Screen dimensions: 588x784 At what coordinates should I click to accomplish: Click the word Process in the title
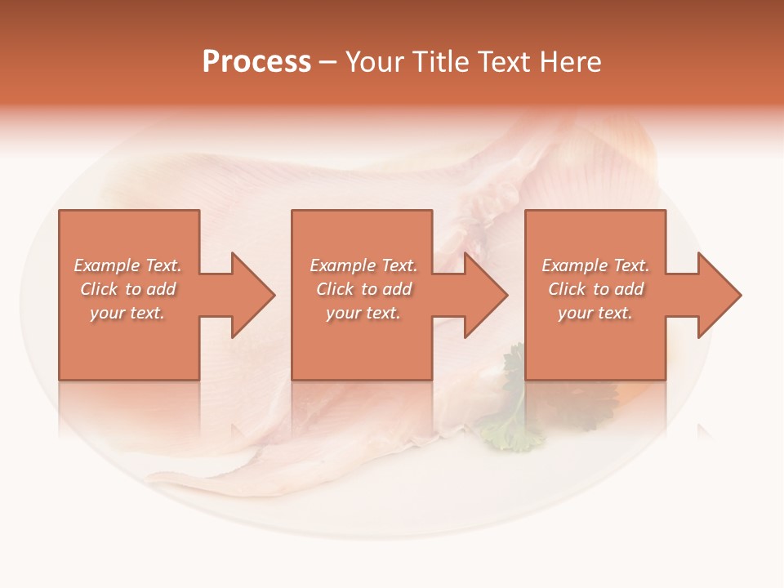click(256, 62)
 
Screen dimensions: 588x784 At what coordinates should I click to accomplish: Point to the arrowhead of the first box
click(250, 295)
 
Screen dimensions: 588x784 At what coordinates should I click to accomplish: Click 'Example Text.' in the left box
click(128, 265)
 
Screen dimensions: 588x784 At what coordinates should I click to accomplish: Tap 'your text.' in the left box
click(128, 313)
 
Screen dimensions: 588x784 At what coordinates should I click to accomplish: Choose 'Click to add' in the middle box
click(363, 289)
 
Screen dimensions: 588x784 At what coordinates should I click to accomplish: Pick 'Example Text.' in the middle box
click(363, 265)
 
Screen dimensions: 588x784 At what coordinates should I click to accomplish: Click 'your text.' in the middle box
click(363, 313)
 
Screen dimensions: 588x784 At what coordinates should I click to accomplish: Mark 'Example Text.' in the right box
click(595, 265)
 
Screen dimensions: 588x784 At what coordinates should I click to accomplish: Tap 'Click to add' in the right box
click(595, 289)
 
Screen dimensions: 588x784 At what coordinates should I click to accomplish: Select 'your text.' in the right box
click(595, 313)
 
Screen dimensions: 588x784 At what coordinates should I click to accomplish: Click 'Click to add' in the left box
click(128, 289)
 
